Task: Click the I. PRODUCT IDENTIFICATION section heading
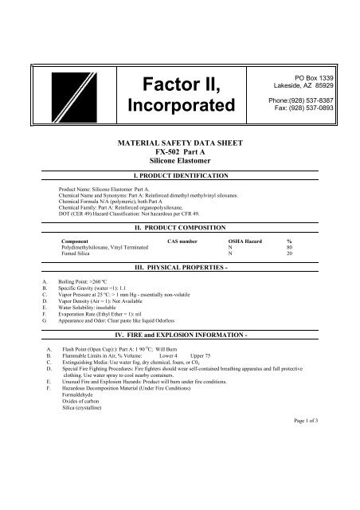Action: (179, 174)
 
